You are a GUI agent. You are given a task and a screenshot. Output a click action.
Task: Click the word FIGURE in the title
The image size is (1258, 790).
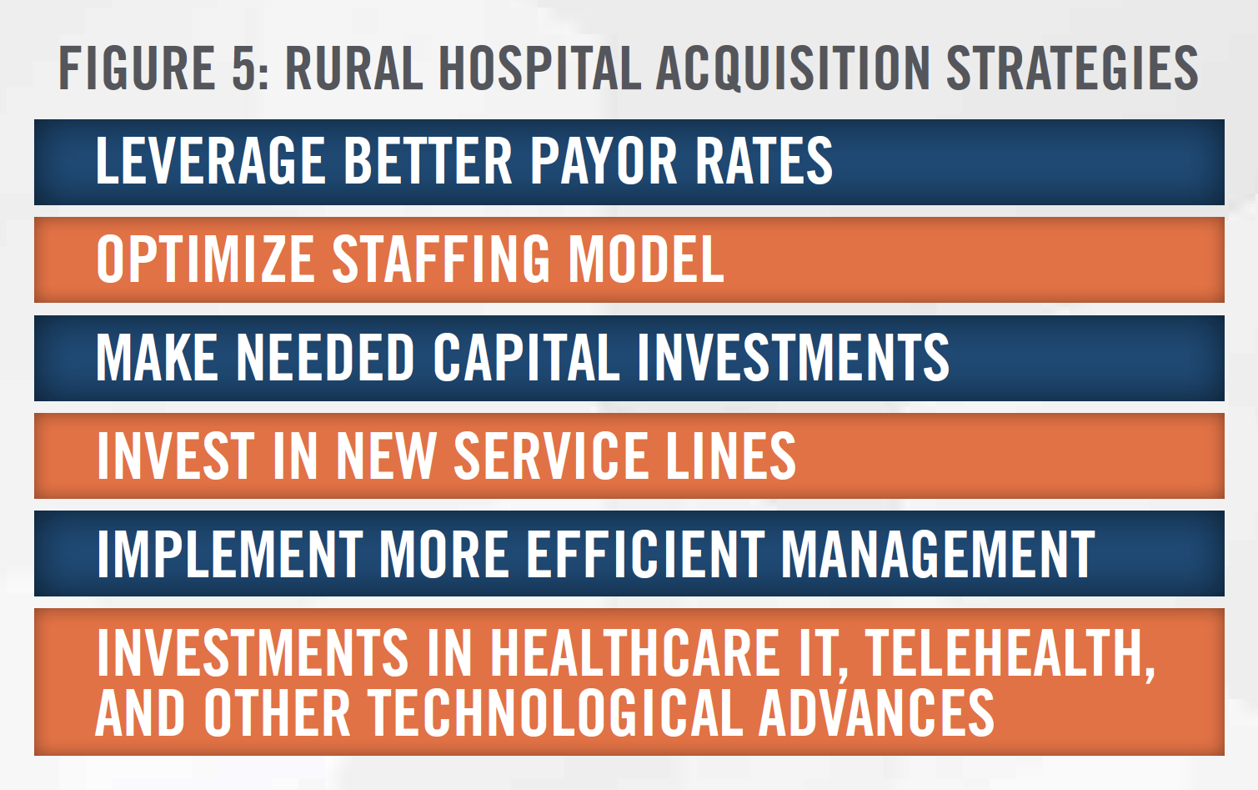pos(138,68)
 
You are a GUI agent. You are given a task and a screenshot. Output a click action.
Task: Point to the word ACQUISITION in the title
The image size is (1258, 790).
pos(793,69)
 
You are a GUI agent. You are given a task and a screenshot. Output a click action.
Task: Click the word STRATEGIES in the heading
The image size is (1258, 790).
pos(1072,68)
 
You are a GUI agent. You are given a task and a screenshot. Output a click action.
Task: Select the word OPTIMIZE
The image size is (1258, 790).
pos(206,259)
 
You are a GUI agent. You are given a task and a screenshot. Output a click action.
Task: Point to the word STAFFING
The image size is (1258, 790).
pos(441,259)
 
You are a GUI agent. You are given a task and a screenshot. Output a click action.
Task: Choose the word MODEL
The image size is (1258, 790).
pos(646,259)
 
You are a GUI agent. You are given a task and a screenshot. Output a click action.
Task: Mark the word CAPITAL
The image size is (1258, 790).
pos(526,357)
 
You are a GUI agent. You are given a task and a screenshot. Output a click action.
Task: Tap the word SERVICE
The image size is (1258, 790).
pos(551,455)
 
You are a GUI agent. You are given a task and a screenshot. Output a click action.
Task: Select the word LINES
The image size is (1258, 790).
pos(730,455)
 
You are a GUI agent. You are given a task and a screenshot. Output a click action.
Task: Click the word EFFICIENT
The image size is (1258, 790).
pos(644,553)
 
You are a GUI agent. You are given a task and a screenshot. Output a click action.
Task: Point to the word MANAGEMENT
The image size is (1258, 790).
pos(938,553)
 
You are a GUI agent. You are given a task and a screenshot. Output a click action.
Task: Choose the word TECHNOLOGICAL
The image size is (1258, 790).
pos(555,712)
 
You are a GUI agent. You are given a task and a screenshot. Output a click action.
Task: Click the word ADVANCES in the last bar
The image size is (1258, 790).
pos(877,712)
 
